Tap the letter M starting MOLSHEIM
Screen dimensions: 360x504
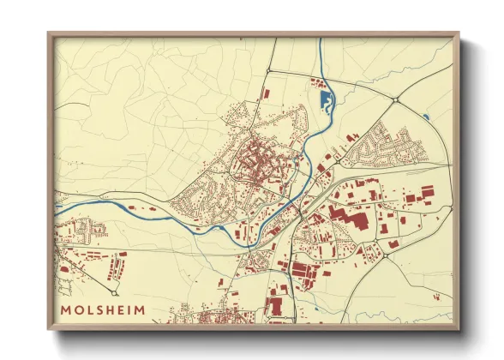66,309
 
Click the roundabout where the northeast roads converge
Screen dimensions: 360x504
394,100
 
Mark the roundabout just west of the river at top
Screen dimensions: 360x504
269,70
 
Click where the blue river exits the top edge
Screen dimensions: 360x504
321,41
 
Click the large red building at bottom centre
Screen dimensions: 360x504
276,304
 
